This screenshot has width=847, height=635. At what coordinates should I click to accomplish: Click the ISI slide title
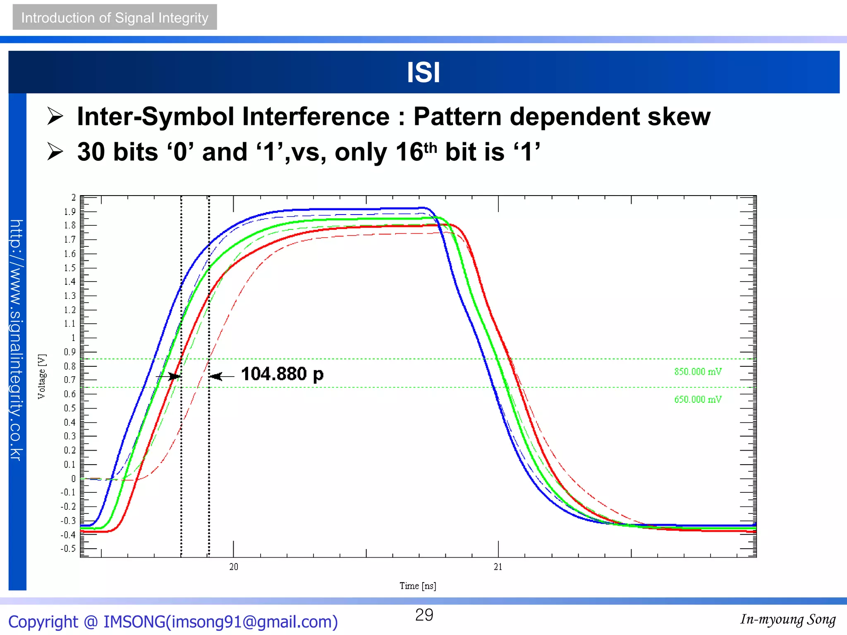pos(423,72)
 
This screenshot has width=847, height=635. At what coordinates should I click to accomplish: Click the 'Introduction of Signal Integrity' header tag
pos(115,17)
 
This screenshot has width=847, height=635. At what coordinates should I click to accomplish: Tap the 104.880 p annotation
pos(282,374)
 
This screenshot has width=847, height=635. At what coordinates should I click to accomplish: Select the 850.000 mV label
pos(698,372)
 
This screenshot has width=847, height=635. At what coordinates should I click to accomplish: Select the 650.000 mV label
pos(698,399)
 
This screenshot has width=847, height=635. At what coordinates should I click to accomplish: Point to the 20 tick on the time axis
pos(234,567)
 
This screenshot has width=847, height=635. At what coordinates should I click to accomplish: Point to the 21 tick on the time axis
pos(498,567)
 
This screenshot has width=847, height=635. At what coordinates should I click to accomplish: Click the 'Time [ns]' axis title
pos(418,586)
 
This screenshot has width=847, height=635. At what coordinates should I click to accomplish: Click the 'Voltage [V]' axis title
pos(42,376)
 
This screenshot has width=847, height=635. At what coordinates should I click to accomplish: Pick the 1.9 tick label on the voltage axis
pos(69,212)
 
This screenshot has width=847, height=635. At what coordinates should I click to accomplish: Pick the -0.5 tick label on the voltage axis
pos(68,549)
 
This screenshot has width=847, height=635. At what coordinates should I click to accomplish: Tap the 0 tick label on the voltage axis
pos(73,479)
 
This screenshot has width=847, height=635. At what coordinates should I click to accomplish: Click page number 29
pos(424,615)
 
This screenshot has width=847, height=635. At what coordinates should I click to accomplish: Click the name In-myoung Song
pos(787,619)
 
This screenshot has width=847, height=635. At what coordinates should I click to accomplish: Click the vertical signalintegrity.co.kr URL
pos(17,340)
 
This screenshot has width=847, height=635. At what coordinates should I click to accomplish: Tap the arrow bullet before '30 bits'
pos(55,152)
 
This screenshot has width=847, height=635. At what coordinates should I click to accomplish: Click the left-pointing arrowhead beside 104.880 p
pos(215,376)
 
